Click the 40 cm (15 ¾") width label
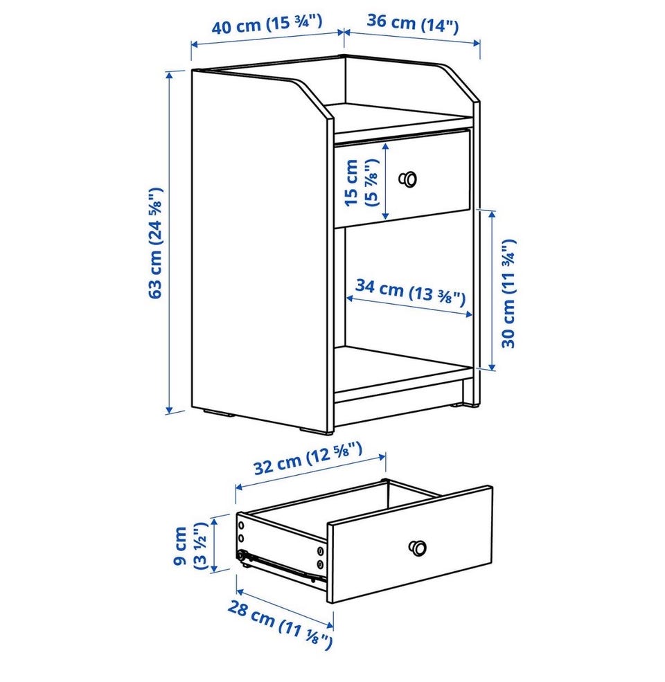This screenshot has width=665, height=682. tap(267, 24)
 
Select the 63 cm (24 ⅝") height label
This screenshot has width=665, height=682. tap(155, 243)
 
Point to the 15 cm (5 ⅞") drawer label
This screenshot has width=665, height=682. tap(361, 182)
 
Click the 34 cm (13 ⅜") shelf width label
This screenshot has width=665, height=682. tap(410, 292)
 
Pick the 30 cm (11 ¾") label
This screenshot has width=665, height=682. tap(508, 294)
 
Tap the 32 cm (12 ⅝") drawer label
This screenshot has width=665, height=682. tap(308, 458)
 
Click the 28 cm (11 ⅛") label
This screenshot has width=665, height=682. tap(280, 625)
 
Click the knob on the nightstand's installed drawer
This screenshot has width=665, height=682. tap(408, 179)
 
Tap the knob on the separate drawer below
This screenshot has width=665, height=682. tap(418, 548)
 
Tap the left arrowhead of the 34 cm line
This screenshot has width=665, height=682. tap(351, 298)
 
